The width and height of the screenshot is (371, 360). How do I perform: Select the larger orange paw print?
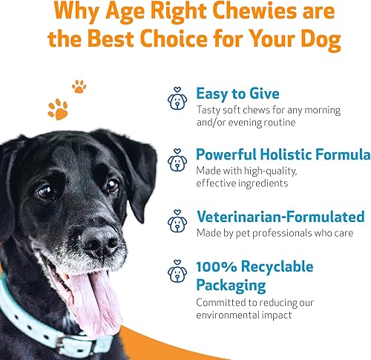(57, 109)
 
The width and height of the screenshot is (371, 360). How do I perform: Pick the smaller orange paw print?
(79, 87)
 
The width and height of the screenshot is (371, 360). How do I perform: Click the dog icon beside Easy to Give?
(177, 100)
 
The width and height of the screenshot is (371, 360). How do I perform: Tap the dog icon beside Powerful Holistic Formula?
(177, 160)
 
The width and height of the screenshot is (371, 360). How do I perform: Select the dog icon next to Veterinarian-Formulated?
(177, 221)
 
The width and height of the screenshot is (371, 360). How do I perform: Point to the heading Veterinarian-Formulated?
(280, 217)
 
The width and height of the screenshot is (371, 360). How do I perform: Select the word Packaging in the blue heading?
(230, 284)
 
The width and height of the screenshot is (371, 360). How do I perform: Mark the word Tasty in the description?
(210, 110)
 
